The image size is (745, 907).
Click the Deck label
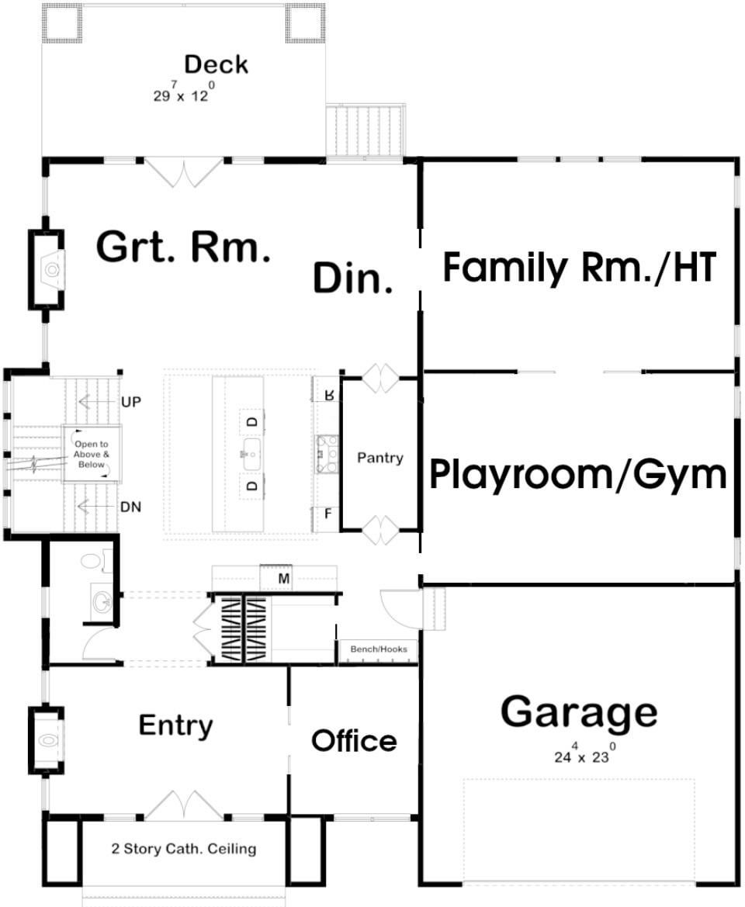pos(217,64)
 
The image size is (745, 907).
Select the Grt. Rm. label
pos(183,247)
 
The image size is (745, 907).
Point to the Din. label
pos(353,278)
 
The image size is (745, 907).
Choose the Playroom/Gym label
pos(578,474)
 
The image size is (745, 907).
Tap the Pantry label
pos(380,458)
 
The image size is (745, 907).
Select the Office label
pos(354,740)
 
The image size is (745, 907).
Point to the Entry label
pos(176,726)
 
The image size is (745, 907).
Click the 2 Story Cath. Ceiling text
pos(184,849)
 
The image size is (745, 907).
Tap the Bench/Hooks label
pos(379,649)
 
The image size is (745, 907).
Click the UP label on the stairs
pos(131,401)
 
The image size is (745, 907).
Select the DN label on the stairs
pos(130,507)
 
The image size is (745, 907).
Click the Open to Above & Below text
pos(92,454)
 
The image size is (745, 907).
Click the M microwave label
pos(283,579)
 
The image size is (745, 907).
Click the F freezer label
pos(328,513)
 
